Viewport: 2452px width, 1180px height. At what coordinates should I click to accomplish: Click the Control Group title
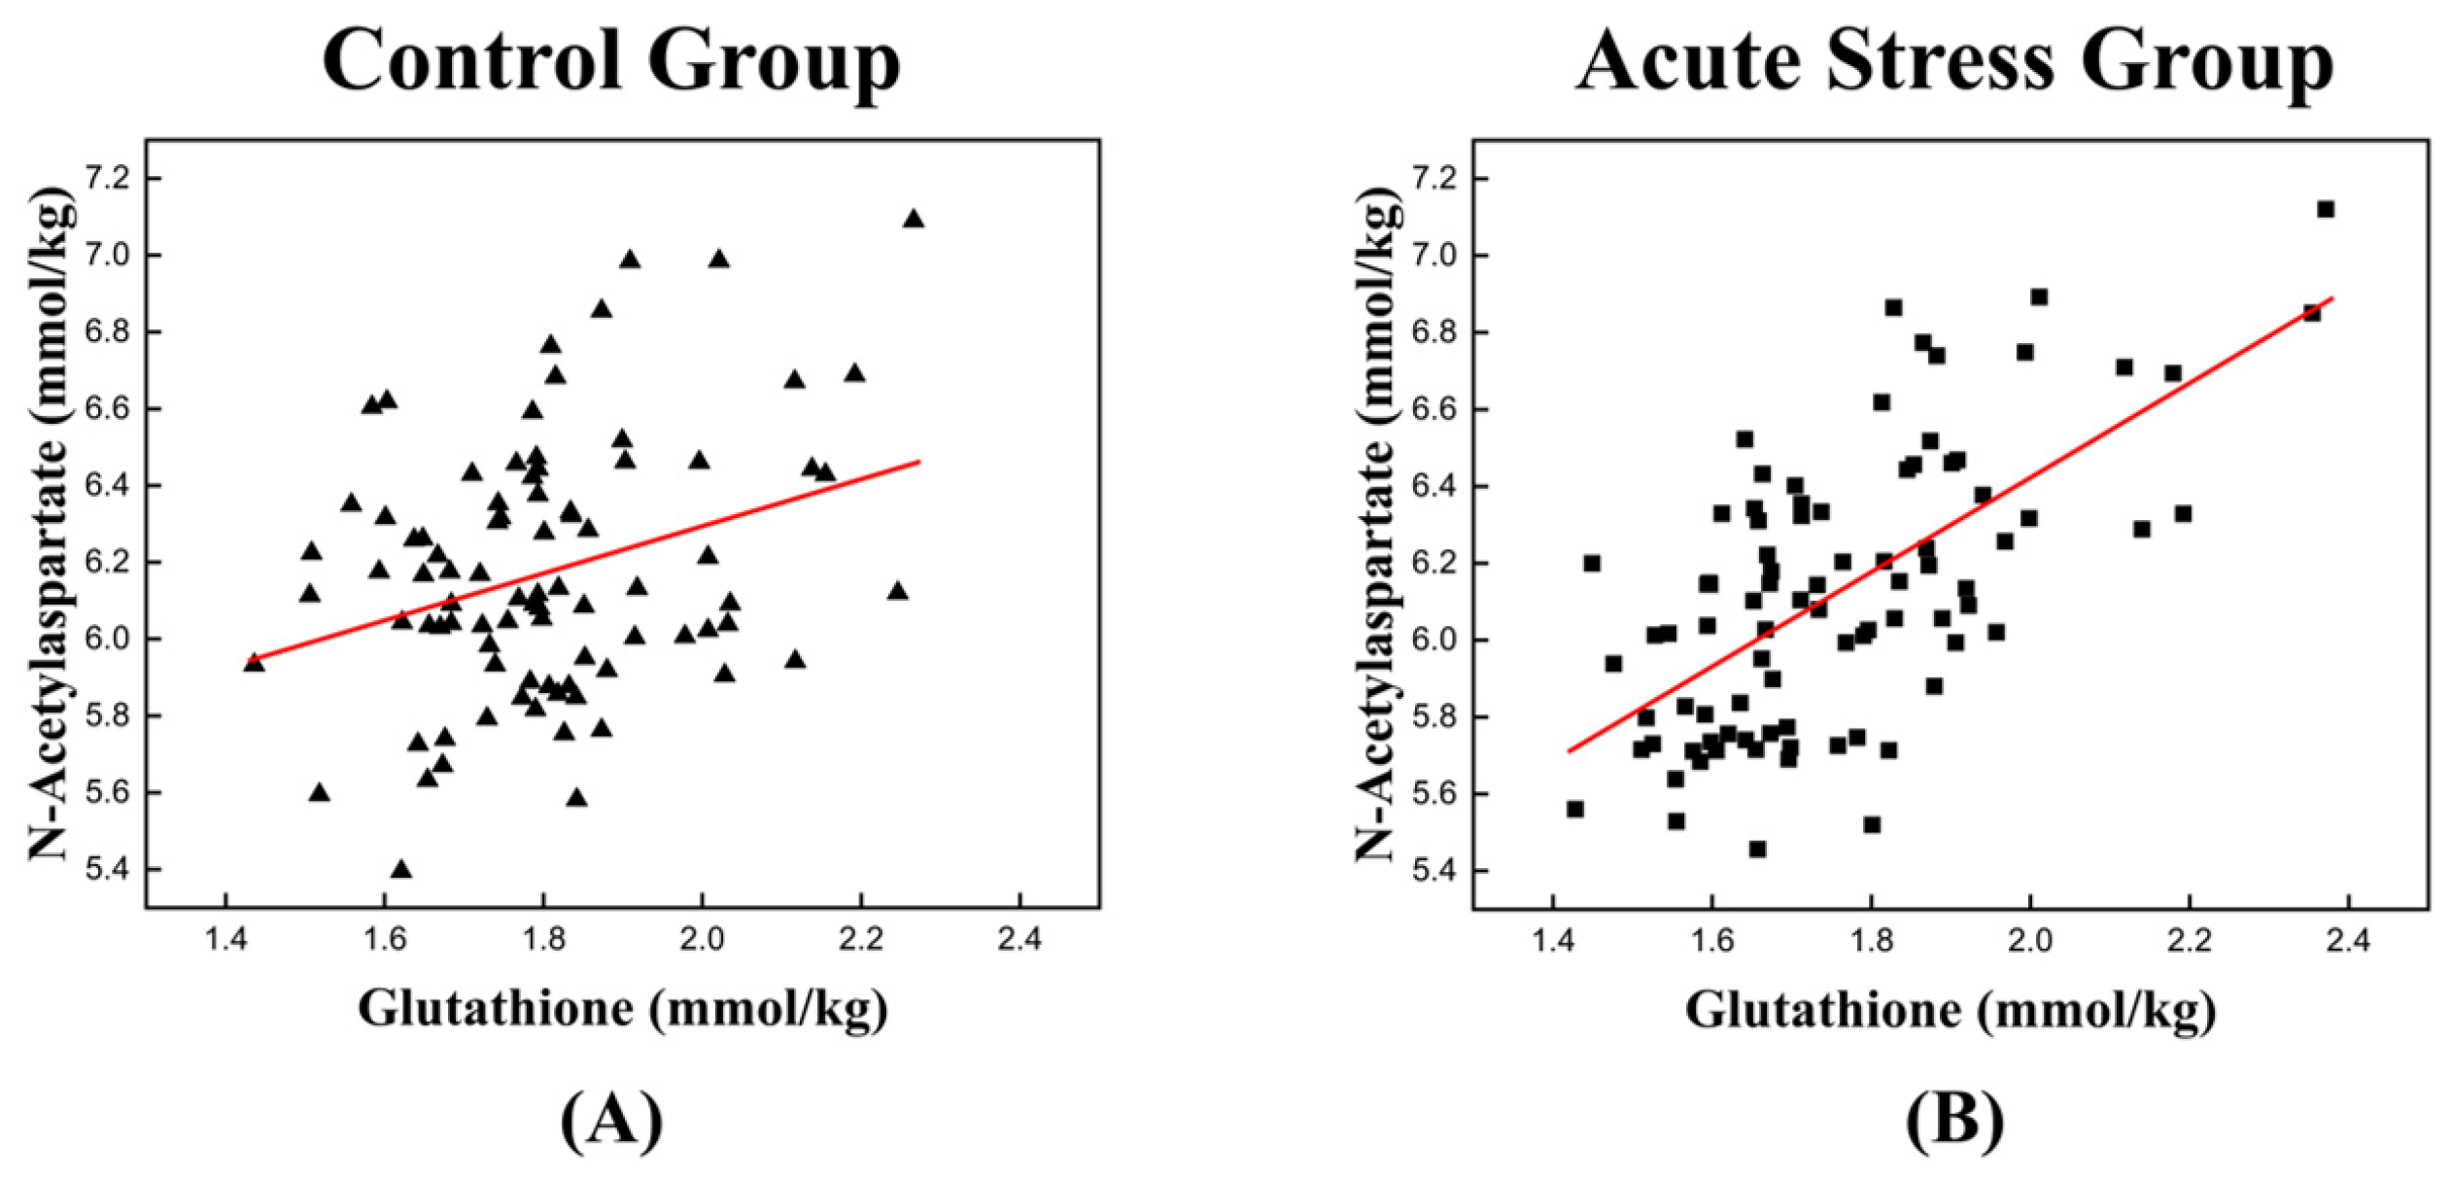611,60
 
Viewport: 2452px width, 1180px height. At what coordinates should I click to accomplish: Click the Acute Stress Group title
1953,60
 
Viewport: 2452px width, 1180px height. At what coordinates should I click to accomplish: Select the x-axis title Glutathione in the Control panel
623,1008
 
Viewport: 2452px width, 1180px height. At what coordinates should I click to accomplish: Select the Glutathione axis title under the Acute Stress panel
1951,1008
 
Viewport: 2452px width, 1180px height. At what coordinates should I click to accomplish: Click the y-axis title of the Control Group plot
51,525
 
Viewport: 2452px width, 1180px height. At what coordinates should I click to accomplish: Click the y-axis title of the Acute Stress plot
1377,525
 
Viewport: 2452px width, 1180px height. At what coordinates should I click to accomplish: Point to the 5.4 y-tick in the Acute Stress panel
1435,871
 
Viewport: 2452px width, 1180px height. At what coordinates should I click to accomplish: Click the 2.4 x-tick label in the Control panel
1019,940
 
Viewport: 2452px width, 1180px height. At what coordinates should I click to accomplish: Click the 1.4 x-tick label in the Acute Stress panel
1552,940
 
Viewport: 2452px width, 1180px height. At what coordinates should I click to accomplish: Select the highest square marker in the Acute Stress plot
2326,209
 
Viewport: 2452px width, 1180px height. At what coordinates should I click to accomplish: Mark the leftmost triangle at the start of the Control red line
254,663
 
